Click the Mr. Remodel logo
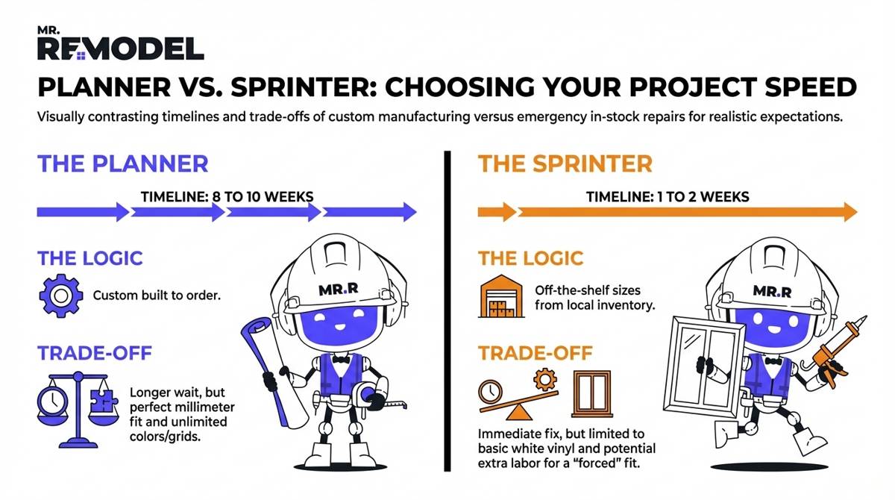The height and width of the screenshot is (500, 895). (120, 43)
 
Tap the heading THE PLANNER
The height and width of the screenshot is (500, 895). (123, 163)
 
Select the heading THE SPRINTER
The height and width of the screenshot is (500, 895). (565, 163)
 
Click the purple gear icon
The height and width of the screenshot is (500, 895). (60, 296)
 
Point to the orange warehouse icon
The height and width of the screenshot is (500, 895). (501, 296)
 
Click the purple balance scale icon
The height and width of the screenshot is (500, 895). (78, 410)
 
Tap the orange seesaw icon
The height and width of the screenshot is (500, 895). (518, 400)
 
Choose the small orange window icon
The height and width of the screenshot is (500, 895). (592, 394)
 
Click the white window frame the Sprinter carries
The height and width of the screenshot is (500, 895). (704, 366)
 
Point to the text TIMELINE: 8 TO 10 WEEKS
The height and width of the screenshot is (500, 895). (227, 197)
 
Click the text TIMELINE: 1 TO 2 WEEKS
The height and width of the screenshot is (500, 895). (668, 197)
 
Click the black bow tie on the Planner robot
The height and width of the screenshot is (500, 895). (341, 359)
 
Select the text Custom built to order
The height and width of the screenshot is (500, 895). (157, 296)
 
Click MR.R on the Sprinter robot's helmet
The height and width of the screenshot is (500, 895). (772, 291)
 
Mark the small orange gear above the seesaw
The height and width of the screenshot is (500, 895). (545, 379)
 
